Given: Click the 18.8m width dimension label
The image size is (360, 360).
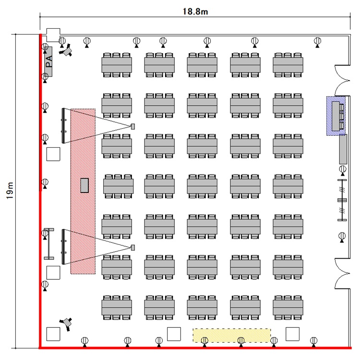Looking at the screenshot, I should [x=194, y=10].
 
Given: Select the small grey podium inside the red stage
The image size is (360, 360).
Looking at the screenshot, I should [x=84, y=185].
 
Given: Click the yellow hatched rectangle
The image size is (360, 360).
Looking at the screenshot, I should [x=232, y=335].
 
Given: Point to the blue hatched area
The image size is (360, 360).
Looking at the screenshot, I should [x=337, y=116].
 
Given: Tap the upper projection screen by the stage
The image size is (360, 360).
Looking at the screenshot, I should [x=63, y=125].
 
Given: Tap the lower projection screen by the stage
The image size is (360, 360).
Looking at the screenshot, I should [x=63, y=246].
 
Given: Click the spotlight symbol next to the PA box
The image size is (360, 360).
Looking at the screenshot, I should [x=66, y=49].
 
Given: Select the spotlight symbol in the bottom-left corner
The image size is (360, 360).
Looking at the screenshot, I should [x=66, y=323].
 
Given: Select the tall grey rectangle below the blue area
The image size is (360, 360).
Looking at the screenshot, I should [x=343, y=149].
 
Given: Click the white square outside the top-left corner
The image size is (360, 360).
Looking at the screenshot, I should [x=52, y=35].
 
